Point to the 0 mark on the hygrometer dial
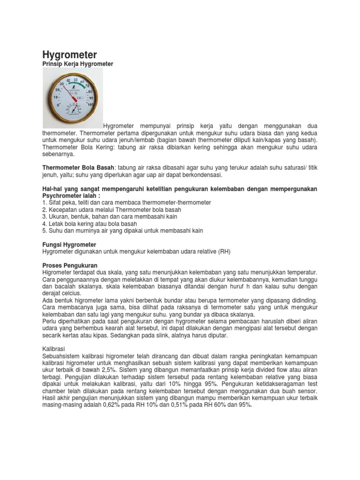pyautogui.click(x=58, y=105)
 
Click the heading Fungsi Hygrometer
pyautogui.click(x=69, y=245)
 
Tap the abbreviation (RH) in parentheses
pyautogui.click(x=224, y=252)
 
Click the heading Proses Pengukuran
pyautogui.click(x=70, y=265)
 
